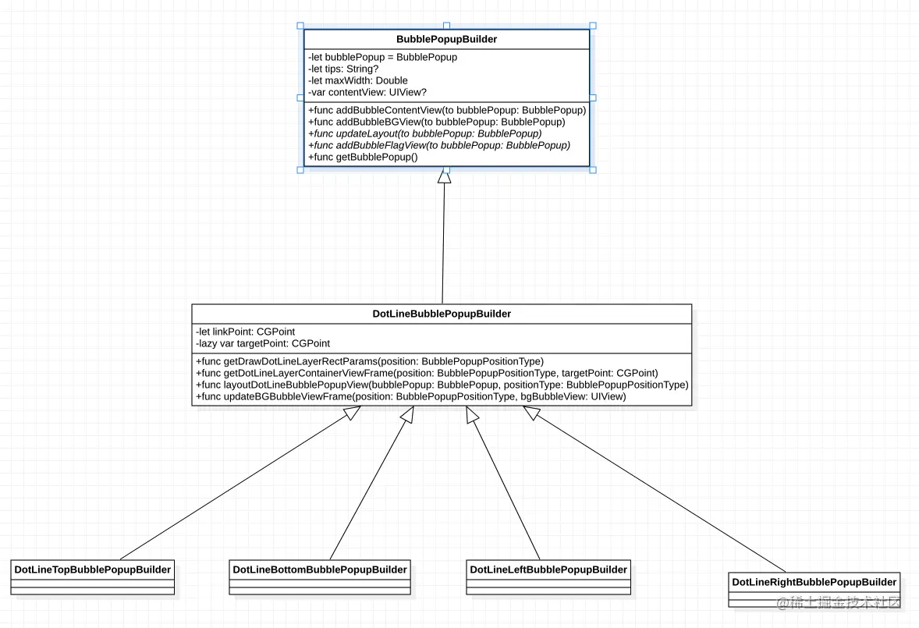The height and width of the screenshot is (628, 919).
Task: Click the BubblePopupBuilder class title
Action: click(x=446, y=39)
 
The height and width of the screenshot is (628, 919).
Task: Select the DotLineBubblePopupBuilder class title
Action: click(x=442, y=314)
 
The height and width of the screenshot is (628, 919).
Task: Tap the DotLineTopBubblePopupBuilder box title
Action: click(x=93, y=569)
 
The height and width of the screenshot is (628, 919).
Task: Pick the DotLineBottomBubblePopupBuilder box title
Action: click(x=320, y=569)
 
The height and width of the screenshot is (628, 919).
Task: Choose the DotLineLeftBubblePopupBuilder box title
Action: click(x=548, y=569)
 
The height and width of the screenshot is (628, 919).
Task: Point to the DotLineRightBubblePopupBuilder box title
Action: click(x=814, y=582)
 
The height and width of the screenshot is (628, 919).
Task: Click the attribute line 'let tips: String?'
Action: click(x=344, y=69)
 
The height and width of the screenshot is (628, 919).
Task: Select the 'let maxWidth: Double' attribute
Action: click(x=358, y=80)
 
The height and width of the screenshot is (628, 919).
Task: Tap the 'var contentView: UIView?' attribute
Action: click(x=367, y=92)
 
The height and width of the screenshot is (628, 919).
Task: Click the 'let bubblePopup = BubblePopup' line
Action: click(x=383, y=57)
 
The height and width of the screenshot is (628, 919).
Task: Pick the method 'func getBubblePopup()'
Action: click(x=364, y=157)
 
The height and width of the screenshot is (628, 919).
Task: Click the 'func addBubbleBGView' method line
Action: click(x=437, y=122)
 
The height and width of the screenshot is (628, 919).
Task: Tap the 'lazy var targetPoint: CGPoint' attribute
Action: click(x=263, y=343)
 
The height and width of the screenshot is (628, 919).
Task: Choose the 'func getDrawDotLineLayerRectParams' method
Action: click(x=370, y=361)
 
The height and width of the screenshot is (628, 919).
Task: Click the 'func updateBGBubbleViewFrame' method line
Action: click(x=411, y=396)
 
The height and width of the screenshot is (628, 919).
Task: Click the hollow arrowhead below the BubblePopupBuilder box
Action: click(x=445, y=176)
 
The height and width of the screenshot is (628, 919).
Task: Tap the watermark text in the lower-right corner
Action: click(x=839, y=602)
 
